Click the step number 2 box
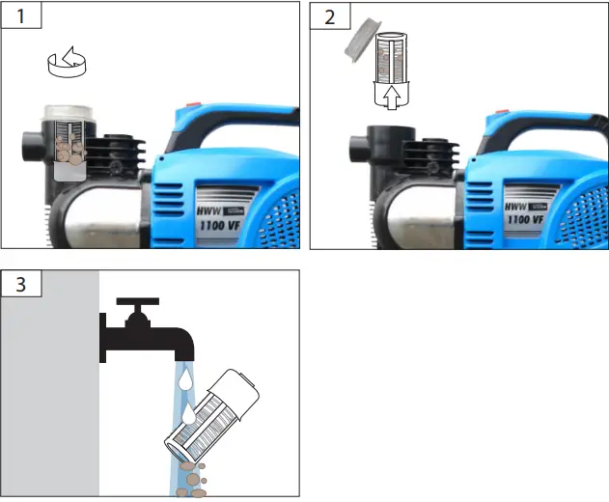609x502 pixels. coord(326,17)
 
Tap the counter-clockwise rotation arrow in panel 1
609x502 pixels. coord(68,64)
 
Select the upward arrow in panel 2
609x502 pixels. coord(390,97)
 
